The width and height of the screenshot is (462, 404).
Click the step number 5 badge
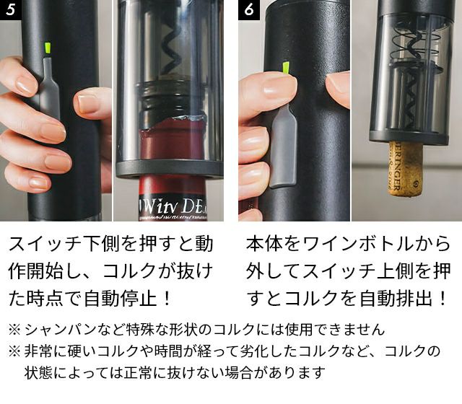pyautogui.click(x=11, y=9)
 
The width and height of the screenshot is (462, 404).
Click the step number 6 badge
pyautogui.click(x=249, y=9)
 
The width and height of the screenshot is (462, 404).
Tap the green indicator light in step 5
pyautogui.click(x=47, y=49)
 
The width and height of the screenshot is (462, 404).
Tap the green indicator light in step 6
pyautogui.click(x=286, y=68)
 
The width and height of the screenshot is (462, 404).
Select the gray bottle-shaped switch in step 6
pyautogui.click(x=284, y=146)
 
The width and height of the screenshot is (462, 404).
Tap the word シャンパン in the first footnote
pyautogui.click(x=59, y=330)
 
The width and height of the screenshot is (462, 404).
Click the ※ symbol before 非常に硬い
pyautogui.click(x=14, y=351)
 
